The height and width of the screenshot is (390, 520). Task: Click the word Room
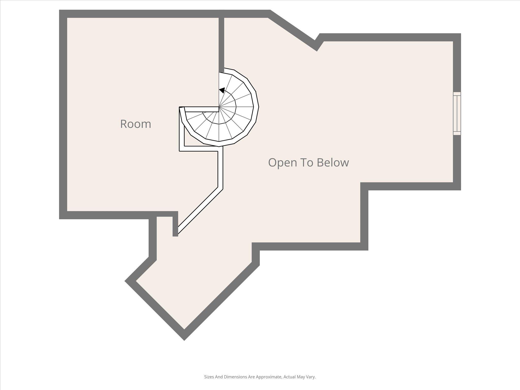coord(136,124)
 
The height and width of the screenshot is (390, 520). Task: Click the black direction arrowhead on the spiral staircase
coord(222,90)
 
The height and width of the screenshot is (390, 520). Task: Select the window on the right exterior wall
coord(457,113)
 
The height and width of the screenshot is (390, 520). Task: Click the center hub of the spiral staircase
coord(219,107)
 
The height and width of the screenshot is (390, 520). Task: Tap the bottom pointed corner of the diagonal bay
coord(184,337)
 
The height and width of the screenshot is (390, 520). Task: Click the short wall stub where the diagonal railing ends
coord(175,226)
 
